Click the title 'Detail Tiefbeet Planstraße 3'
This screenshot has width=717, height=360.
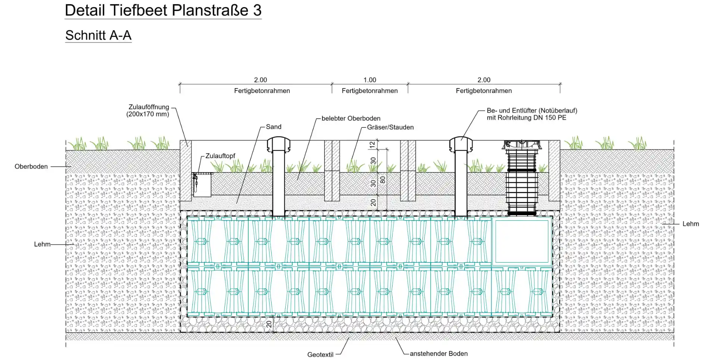coord(163,10)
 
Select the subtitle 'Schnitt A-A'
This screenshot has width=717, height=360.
coord(98,35)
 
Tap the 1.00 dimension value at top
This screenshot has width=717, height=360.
coord(370,80)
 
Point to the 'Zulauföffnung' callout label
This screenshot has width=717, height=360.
coord(149,107)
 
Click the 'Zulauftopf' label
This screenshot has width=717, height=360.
coord(220,156)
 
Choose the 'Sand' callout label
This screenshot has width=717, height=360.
coord(273,127)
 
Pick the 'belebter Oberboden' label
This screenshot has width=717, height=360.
coord(351,118)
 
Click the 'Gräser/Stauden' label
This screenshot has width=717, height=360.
coord(390,127)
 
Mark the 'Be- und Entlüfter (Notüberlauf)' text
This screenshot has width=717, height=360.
coord(532,111)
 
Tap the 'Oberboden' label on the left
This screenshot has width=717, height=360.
coord(31,167)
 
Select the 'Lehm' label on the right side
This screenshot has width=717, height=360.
coord(690,224)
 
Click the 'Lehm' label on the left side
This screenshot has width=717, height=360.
coord(42,244)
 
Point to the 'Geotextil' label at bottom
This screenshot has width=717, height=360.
coord(320,354)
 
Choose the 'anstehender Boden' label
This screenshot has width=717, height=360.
coord(438,354)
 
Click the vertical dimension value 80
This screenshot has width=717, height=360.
coord(383,180)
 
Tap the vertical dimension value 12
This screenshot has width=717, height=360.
coord(372,145)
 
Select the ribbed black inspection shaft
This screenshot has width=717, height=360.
coord(522,179)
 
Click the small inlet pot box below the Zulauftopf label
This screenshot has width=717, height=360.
coord(202,185)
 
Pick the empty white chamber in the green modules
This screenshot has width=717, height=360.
coord(522,241)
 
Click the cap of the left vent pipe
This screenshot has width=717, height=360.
coord(279,144)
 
